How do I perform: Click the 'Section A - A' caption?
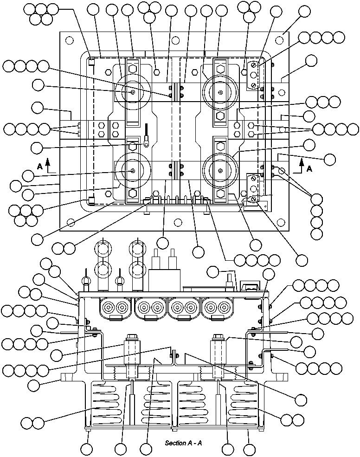tap(183, 443)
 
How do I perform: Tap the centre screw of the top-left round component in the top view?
tap(133, 92)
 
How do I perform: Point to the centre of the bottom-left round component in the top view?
tap(133, 171)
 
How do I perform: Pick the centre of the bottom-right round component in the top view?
tap(221, 171)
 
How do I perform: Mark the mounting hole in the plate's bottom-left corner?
tap(69, 222)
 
